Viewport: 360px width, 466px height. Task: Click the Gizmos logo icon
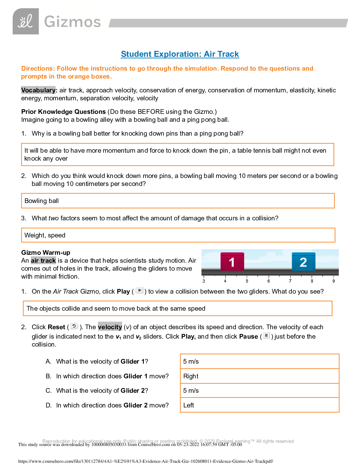coord(26,21)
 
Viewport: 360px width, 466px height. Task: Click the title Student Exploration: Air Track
coord(180,54)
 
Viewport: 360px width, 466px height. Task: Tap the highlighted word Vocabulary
coord(38,90)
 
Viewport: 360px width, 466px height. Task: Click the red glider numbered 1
coord(232,262)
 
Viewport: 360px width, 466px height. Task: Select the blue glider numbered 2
coord(303,262)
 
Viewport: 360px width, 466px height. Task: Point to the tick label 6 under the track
coord(269,281)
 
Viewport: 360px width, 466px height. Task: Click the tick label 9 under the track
coord(334,281)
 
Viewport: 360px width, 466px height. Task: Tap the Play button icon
coord(139,290)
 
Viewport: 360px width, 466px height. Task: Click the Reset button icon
coord(74,326)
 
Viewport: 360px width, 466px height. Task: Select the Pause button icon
coord(266,335)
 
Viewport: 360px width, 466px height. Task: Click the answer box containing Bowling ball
coord(178,201)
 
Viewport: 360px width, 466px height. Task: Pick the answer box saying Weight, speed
coord(178,235)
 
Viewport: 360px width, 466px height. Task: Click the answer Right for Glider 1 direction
coord(259,376)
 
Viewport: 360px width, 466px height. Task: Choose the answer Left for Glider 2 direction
coord(259,405)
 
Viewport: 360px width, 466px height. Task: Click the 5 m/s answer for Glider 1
coord(259,361)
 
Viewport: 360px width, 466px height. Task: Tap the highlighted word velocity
coord(110,327)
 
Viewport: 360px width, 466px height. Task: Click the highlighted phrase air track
coord(43,261)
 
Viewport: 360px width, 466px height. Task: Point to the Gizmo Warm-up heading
coord(46,252)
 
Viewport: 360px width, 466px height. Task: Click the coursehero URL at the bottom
coord(146,461)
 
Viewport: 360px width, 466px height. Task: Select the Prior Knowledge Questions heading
coord(63,112)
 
